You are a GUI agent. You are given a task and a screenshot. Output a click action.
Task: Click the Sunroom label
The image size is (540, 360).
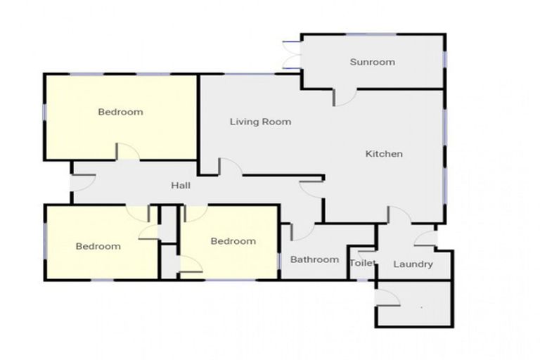click(x=372, y=62)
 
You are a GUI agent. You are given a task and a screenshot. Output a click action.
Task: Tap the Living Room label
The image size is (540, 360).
click(x=260, y=122)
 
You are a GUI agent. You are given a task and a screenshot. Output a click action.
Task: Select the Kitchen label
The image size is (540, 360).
click(x=384, y=154)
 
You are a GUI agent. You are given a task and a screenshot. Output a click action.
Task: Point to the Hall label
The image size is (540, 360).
click(x=181, y=186)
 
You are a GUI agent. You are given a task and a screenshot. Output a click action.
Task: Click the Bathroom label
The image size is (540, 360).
click(x=314, y=259)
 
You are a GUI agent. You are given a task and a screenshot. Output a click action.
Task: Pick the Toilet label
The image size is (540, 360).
click(x=362, y=263)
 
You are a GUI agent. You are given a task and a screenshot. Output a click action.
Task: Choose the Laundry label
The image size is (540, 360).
click(x=413, y=264)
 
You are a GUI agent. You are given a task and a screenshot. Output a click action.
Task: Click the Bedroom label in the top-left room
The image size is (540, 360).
click(x=120, y=112)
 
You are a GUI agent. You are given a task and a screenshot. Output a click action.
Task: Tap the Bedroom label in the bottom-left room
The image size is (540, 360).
click(x=98, y=246)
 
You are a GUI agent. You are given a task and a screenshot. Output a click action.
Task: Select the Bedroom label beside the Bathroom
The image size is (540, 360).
click(x=233, y=241)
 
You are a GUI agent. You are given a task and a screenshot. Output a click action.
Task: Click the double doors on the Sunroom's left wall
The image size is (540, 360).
click(x=291, y=55)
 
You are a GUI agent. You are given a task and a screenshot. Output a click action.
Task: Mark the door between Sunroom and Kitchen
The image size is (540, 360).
click(x=345, y=98)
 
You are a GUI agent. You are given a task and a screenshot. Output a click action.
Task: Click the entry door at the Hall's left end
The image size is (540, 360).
click(x=83, y=183)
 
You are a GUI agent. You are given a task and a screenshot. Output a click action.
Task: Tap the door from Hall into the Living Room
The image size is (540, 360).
click(x=231, y=167)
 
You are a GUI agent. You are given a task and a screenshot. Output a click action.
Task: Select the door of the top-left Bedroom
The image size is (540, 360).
click(x=128, y=152)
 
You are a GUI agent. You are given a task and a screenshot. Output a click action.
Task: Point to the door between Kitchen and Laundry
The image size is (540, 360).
click(x=399, y=215)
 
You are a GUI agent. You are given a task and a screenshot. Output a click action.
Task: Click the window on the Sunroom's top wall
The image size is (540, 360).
click(x=371, y=34)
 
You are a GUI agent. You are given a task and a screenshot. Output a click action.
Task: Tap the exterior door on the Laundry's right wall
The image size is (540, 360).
click(x=425, y=238)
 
